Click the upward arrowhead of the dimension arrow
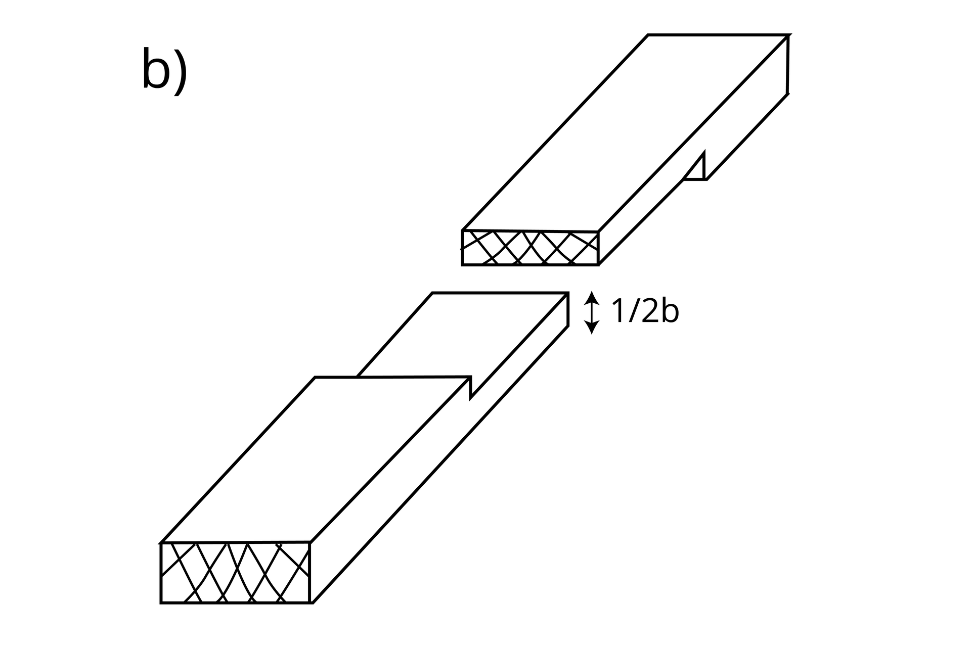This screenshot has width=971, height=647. click(x=592, y=297)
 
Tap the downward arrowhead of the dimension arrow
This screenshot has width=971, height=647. click(x=592, y=328)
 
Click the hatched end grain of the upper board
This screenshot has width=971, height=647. click(x=530, y=248)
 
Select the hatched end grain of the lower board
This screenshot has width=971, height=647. click(x=235, y=573)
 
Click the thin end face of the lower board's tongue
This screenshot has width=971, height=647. click(x=567, y=309)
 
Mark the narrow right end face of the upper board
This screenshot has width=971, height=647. click(x=787, y=64)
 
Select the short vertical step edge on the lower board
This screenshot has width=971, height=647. click(x=470, y=387)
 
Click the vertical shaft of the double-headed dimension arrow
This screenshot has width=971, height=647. click(x=592, y=312)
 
